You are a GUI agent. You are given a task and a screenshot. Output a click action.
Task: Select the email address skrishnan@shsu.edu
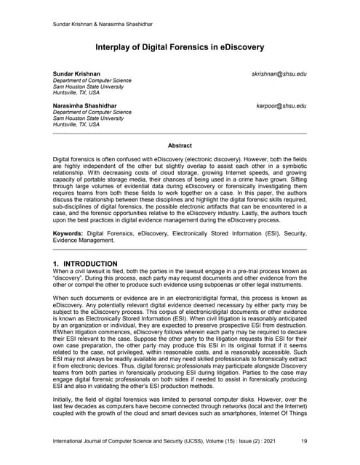coord(279,75)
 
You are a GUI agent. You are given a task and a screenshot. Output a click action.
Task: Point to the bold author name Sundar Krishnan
coord(77,75)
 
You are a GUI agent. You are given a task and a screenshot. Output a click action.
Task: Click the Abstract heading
coord(180,145)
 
